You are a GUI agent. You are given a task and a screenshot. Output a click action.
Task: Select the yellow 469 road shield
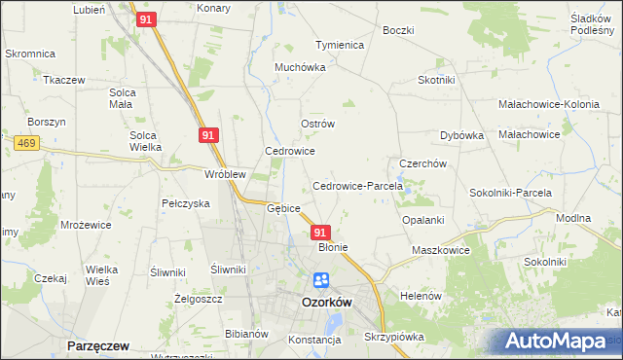[x=26, y=143]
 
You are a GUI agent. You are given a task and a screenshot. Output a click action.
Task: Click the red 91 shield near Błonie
[x=321, y=233]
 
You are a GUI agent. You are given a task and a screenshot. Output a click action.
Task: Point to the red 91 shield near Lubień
[x=145, y=19]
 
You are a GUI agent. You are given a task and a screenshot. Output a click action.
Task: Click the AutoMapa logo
[x=556, y=342]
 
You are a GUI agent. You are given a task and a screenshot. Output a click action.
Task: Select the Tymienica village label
[x=339, y=45]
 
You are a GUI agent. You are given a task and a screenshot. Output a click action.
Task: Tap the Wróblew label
[x=224, y=174]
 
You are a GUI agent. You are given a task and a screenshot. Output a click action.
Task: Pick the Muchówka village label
[x=299, y=68]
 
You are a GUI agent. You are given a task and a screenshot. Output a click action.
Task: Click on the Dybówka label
[x=461, y=136]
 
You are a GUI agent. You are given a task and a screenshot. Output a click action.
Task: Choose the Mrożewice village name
[x=86, y=224]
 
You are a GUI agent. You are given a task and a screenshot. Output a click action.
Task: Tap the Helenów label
[x=421, y=295]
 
